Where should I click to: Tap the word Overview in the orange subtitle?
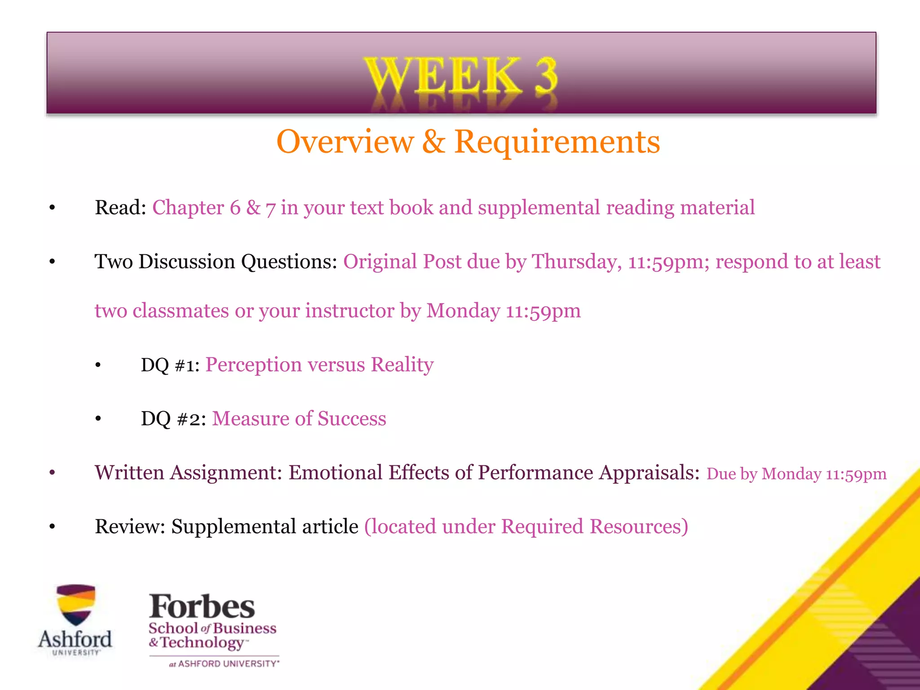click(x=345, y=142)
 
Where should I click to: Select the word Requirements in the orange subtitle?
click(x=557, y=142)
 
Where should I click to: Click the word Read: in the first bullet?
click(x=120, y=208)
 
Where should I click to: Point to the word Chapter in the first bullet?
click(x=188, y=208)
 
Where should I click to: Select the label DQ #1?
click(x=170, y=365)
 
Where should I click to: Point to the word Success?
click(x=352, y=419)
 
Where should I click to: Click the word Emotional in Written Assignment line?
click(x=335, y=473)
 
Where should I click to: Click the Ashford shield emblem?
click(x=75, y=604)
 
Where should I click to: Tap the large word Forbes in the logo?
click(x=202, y=607)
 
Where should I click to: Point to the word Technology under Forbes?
click(x=202, y=643)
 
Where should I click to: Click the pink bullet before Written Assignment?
click(x=52, y=473)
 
